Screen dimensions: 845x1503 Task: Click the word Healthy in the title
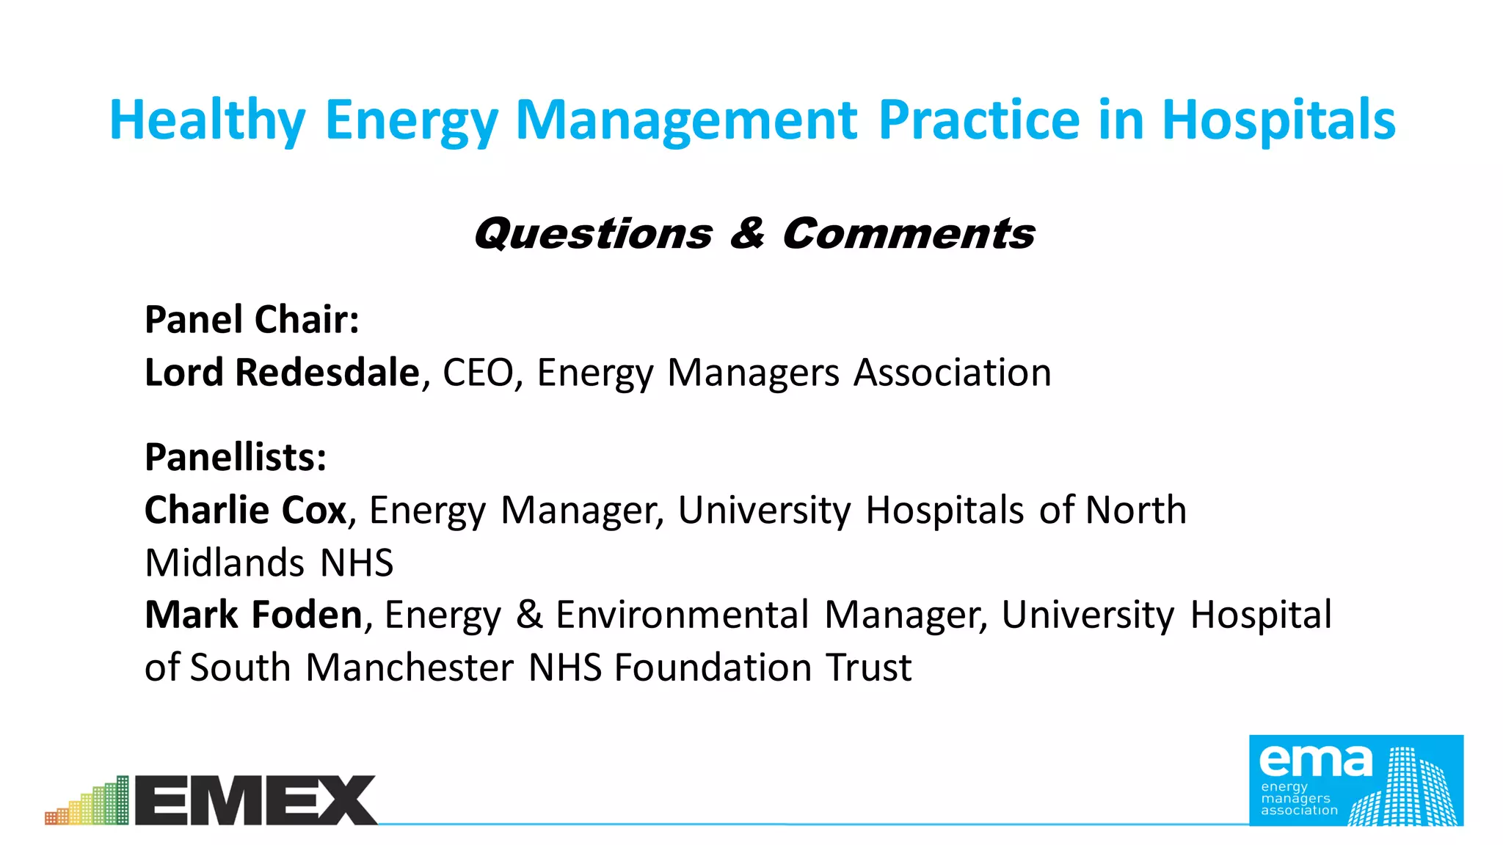click(x=207, y=121)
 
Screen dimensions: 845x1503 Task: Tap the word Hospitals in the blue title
click(x=1278, y=121)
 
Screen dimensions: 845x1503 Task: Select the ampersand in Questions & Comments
click(x=747, y=234)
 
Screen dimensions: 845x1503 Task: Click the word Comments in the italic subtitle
click(x=909, y=234)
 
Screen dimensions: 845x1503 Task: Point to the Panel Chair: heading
click(x=252, y=320)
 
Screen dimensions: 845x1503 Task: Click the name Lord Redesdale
click(x=282, y=373)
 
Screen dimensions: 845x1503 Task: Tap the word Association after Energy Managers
click(x=953, y=373)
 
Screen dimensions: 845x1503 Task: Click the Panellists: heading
click(x=236, y=457)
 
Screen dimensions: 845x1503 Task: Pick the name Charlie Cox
click(x=245, y=510)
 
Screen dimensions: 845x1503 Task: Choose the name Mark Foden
click(x=253, y=615)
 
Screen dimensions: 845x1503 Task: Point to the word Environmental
click(x=682, y=615)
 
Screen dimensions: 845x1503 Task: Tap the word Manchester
click(x=410, y=667)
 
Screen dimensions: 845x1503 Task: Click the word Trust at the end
click(x=868, y=667)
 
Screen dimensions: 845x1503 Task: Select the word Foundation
click(x=713, y=667)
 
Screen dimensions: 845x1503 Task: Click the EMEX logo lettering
click(x=255, y=800)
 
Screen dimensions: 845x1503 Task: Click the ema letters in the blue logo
click(x=1315, y=761)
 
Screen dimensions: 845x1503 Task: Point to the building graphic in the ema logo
click(x=1403, y=791)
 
